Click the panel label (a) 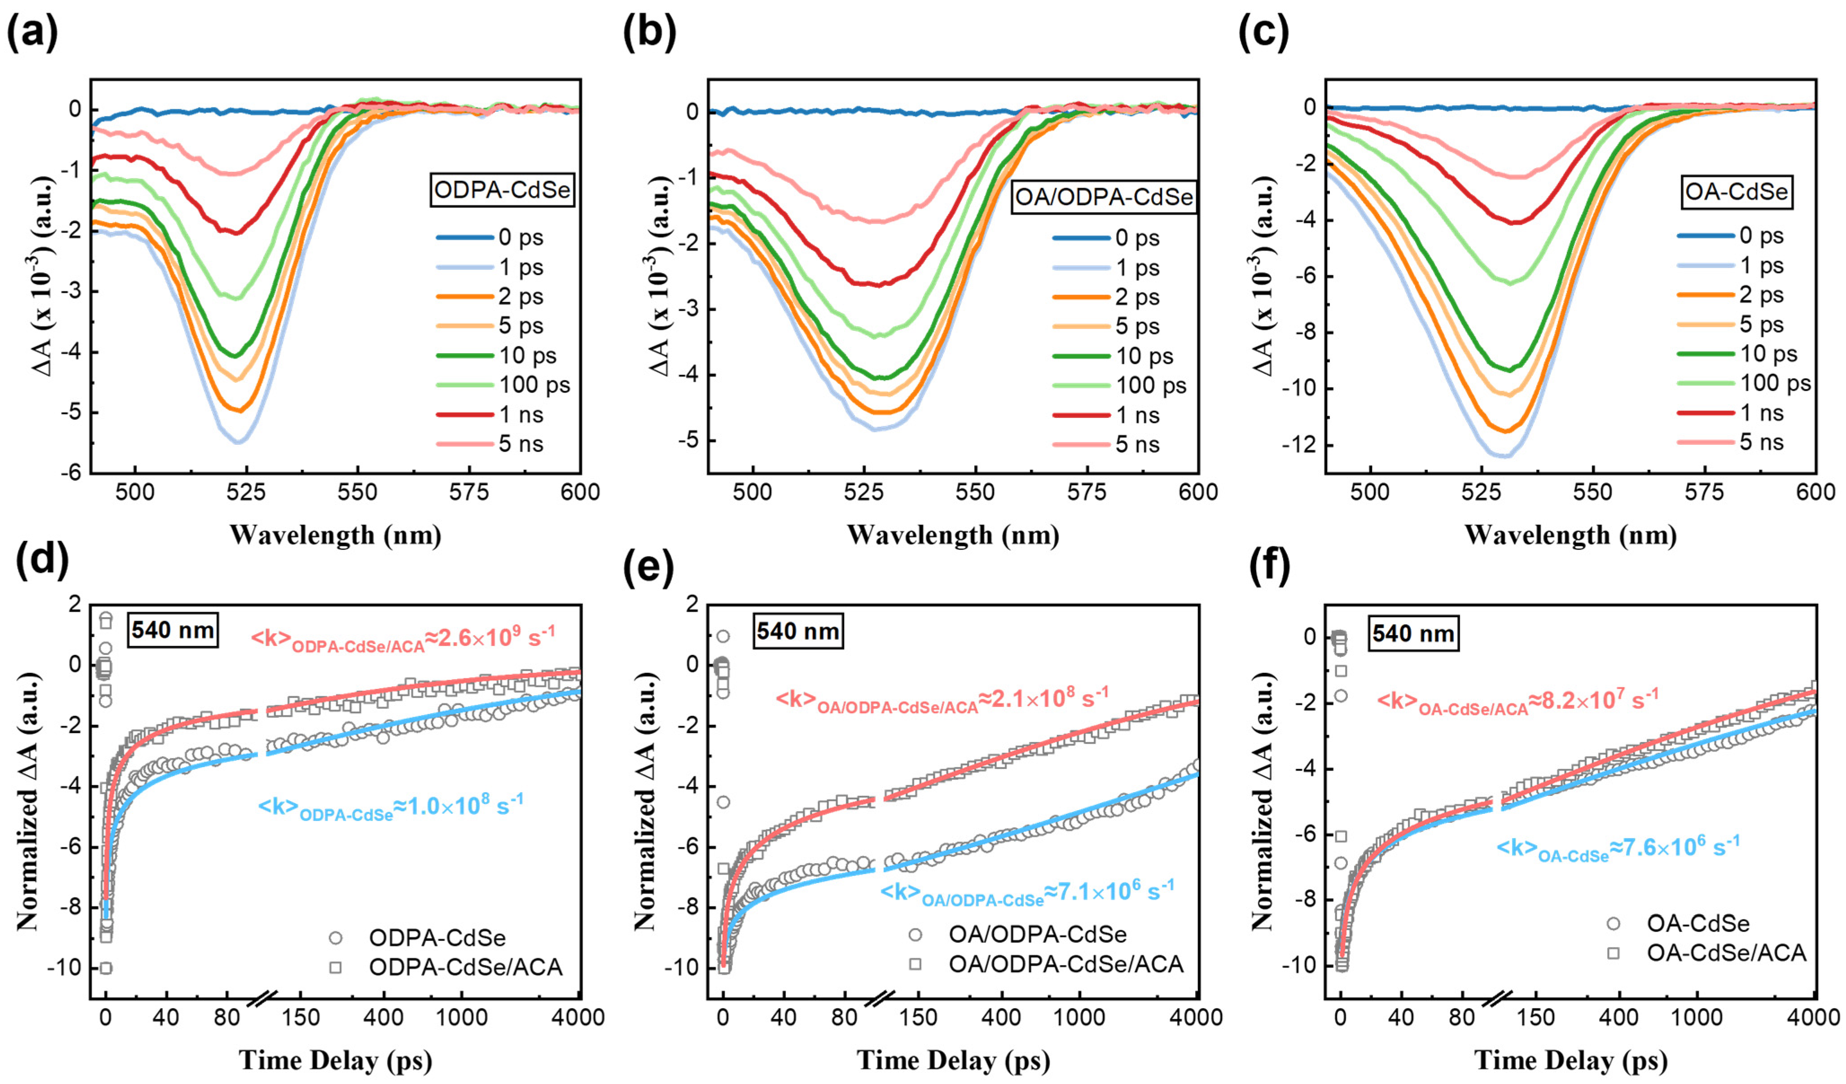point(32,33)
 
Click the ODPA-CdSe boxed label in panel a point(502,190)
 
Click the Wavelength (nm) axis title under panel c point(1570,535)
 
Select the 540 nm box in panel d point(173,630)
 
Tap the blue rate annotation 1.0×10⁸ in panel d point(390,807)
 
